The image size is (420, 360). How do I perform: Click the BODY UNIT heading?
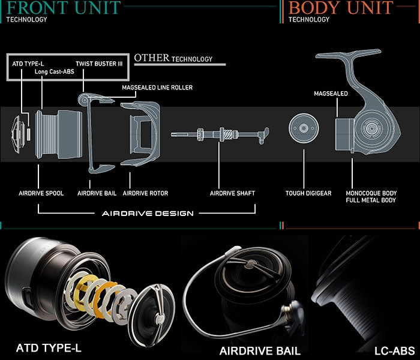pyautogui.click(x=341, y=8)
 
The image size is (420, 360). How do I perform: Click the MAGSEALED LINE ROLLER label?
pyautogui.click(x=157, y=88)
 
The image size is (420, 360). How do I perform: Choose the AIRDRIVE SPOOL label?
pyautogui.click(x=38, y=193)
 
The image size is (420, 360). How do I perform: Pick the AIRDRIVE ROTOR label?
pyautogui.click(x=145, y=193)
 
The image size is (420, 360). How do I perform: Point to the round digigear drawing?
pyautogui.click(x=303, y=128)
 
